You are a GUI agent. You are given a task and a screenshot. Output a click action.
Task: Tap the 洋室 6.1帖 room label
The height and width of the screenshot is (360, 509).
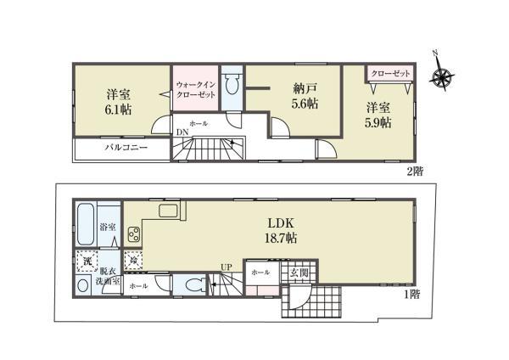[118, 103]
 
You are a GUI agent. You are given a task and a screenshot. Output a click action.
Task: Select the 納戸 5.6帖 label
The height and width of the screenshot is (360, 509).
[305, 95]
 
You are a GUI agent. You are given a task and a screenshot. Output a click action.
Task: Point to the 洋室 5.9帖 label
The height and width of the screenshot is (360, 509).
[378, 115]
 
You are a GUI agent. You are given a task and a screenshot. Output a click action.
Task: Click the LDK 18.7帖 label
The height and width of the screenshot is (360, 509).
[281, 231]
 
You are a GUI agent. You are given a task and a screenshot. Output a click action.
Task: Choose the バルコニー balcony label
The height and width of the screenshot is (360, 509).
[126, 148]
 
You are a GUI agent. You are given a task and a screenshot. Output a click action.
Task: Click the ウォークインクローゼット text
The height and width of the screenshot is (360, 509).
[196, 90]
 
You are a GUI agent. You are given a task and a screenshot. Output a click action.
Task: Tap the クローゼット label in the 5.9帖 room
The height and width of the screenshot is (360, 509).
[390, 74]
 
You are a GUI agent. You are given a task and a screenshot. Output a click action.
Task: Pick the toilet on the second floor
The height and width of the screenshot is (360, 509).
[232, 84]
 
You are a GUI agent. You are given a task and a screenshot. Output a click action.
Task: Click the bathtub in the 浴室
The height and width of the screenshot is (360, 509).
[87, 224]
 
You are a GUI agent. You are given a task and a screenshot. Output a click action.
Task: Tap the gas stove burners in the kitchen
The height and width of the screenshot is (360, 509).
[134, 234]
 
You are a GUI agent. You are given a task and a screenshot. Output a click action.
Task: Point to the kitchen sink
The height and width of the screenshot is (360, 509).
[168, 211]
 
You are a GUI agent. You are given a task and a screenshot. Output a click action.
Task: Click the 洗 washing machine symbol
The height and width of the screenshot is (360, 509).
[87, 261]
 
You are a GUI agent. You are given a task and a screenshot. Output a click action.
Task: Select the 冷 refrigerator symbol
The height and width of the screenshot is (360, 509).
[133, 261]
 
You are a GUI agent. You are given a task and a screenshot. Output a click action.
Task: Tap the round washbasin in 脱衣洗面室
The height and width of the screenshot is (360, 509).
[83, 286]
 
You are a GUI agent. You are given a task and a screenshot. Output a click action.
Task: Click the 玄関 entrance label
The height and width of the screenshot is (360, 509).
[299, 273]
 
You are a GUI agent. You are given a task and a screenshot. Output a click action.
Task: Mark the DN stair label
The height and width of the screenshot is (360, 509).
[182, 132]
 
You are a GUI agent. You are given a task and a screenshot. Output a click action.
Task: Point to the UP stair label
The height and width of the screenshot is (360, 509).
[227, 267]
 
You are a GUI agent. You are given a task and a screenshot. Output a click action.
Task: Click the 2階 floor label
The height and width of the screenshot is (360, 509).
[416, 172]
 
